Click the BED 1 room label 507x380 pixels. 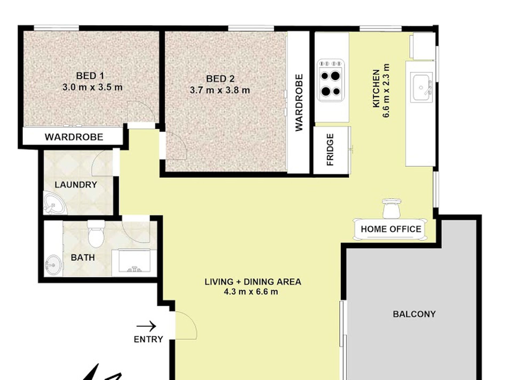point(90,76)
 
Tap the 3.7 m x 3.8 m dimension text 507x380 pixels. point(220,90)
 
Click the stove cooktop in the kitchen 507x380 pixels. point(331,81)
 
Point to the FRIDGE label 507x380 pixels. point(330,150)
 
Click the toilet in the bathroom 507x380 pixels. point(96,235)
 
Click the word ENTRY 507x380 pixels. point(148,339)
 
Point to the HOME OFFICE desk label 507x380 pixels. point(391,229)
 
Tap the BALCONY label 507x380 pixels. point(414,314)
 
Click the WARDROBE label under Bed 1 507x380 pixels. point(74,137)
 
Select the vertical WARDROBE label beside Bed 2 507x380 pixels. point(299,103)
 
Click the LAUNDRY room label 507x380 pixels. point(76,185)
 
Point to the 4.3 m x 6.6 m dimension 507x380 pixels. point(251,291)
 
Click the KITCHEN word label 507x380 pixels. point(376,89)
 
